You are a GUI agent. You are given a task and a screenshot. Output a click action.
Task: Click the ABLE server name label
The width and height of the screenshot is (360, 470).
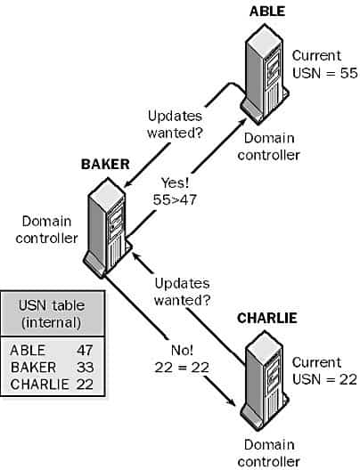click(x=267, y=11)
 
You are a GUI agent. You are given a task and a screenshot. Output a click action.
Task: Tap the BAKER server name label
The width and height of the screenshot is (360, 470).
click(x=105, y=165)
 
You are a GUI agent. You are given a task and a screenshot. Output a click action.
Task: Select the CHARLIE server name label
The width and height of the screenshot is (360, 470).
click(x=267, y=318)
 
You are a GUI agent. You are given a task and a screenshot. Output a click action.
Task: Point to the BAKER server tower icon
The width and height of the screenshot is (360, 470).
click(x=108, y=228)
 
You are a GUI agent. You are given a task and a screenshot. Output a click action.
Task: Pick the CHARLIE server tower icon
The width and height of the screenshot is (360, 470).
click(x=265, y=381)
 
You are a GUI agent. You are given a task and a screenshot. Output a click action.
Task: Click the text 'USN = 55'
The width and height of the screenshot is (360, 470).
click(x=324, y=73)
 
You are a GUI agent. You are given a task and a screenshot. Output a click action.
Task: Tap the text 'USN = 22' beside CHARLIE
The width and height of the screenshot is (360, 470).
click(x=324, y=379)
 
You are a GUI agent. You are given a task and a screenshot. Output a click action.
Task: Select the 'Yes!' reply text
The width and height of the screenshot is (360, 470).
click(x=175, y=182)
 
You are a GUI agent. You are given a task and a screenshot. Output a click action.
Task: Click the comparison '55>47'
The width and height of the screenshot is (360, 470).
click(x=175, y=199)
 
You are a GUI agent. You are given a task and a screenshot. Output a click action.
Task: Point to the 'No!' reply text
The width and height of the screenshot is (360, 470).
click(x=182, y=350)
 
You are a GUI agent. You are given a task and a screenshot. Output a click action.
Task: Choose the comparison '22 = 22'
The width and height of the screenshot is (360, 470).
click(x=182, y=368)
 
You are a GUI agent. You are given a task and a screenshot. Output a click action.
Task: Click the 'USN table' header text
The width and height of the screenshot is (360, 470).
click(x=52, y=305)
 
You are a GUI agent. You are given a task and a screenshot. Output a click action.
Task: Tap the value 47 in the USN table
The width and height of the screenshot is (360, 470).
click(x=85, y=350)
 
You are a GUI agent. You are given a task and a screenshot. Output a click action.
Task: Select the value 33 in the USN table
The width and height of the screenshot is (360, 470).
click(x=85, y=367)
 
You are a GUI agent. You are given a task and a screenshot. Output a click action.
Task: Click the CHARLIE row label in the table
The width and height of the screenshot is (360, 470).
click(x=39, y=385)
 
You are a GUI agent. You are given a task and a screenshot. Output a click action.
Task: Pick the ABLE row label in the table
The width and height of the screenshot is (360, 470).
click(x=28, y=350)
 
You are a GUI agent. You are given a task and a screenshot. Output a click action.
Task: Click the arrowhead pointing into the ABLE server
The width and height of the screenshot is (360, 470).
click(x=242, y=122)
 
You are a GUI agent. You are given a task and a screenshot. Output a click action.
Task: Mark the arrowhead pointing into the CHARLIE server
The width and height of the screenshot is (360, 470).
click(x=231, y=401)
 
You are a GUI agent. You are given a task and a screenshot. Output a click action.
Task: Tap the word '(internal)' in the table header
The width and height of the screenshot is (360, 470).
click(x=52, y=323)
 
